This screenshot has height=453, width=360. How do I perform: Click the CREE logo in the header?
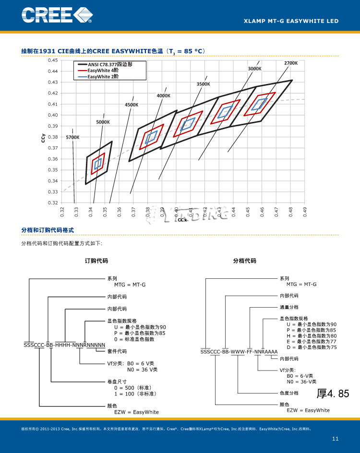[x=56, y=15]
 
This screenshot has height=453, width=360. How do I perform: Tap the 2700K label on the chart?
[x=290, y=63]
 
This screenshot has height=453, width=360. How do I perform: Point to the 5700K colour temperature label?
[x=72, y=137]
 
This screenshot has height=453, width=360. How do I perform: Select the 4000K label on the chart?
[x=164, y=95]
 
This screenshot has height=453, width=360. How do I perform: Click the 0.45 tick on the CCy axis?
[x=52, y=60]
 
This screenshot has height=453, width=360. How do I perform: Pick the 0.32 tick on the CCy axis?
[x=52, y=203]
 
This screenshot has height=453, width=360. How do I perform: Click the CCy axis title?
[x=43, y=139]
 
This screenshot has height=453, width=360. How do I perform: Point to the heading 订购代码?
[x=96, y=261]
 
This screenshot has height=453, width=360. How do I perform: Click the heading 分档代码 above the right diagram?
[x=244, y=261]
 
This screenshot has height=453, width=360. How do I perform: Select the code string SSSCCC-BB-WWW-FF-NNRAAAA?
[x=239, y=352]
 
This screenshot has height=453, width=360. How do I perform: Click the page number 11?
[x=335, y=439]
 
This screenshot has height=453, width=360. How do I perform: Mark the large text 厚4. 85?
[x=333, y=394]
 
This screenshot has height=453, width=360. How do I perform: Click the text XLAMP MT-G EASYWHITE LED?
[x=291, y=21]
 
